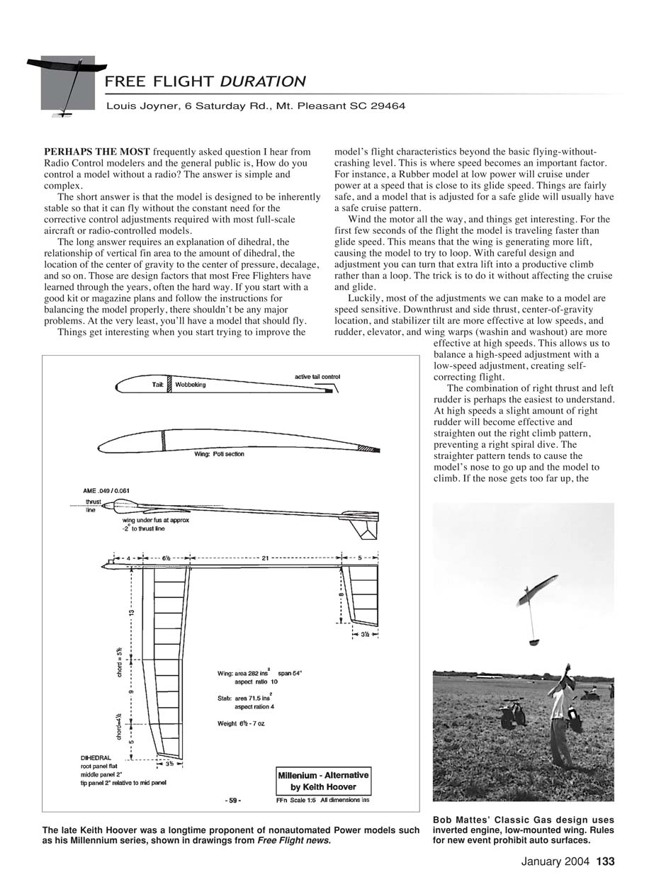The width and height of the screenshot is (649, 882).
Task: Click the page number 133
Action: coord(605,862)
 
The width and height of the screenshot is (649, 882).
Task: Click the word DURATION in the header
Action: coord(263,81)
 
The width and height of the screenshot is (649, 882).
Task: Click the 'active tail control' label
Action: coord(317,377)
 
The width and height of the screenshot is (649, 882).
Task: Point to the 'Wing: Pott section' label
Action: coord(219,454)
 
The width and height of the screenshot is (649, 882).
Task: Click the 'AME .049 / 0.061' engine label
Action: coord(106,490)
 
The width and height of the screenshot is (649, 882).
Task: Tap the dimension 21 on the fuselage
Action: coord(265,558)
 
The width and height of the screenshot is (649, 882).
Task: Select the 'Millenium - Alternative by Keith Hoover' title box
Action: coord(323,781)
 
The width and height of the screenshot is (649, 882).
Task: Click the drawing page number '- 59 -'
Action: coord(232,801)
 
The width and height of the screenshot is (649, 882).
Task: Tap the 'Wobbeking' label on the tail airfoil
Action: coord(191,385)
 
